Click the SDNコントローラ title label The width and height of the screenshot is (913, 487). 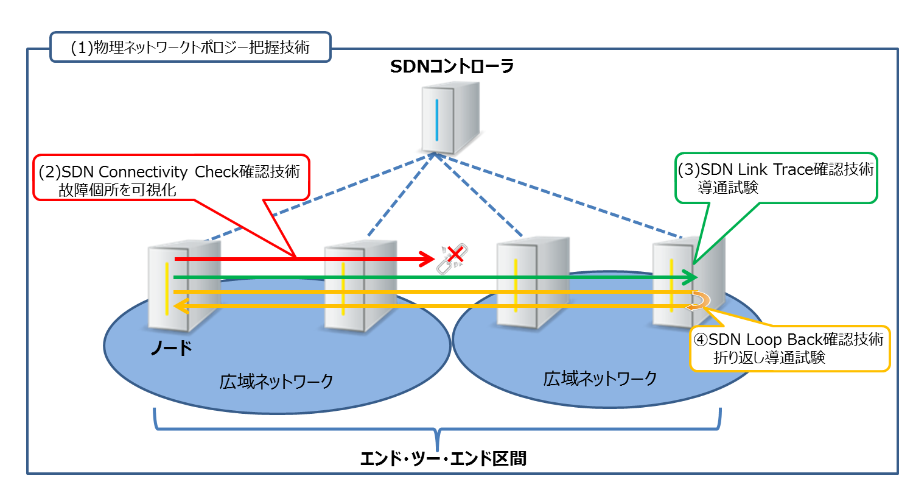click(x=452, y=66)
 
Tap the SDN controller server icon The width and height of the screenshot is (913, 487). click(x=450, y=118)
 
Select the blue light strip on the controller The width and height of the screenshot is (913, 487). click(x=437, y=119)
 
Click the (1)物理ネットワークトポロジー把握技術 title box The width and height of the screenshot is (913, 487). click(x=191, y=47)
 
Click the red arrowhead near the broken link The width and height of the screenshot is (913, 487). click(x=427, y=259)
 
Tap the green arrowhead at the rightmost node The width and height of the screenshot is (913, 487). click(x=690, y=277)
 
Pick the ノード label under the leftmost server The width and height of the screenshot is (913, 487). click(x=171, y=348)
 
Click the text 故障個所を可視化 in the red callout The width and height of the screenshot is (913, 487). click(x=117, y=190)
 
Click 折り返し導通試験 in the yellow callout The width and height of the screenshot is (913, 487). click(x=769, y=357)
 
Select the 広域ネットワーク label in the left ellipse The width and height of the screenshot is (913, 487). click(x=276, y=382)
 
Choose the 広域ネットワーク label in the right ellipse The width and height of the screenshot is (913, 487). click(x=600, y=379)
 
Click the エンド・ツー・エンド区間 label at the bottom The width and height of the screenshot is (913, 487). click(x=443, y=458)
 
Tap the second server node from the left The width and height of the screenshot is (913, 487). click(x=360, y=286)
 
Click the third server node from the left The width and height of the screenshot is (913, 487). click(x=533, y=282)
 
